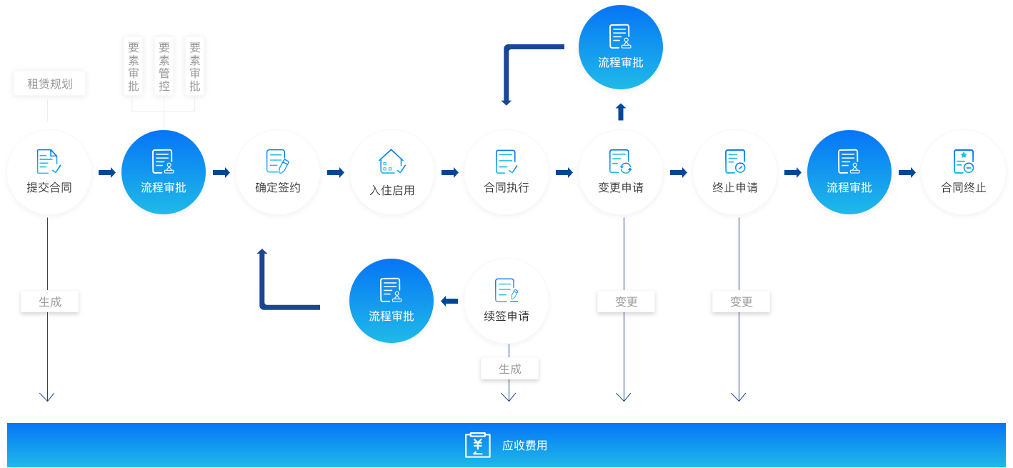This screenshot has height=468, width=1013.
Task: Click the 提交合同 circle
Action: point(49,174)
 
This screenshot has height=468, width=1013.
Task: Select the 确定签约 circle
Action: point(278,174)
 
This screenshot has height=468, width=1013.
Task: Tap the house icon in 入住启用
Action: point(391,161)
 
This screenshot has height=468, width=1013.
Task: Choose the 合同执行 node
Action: point(506,174)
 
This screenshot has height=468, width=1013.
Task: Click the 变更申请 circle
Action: point(621,174)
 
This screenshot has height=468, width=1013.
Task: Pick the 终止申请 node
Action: point(735,174)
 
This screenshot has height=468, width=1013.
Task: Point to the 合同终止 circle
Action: point(964,174)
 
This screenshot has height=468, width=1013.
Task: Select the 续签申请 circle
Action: point(506,302)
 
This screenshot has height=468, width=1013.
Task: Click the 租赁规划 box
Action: point(50,84)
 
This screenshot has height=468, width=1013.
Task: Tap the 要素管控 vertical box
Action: point(164,66)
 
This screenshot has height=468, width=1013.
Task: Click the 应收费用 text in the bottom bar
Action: point(524,446)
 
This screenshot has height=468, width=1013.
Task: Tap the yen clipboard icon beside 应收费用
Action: point(478,445)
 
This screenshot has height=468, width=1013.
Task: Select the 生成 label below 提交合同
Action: point(49,302)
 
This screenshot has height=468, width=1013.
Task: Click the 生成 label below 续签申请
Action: point(509,369)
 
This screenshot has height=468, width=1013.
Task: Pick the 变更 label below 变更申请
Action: point(626,302)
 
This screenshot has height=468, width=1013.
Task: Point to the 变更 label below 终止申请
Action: point(741,302)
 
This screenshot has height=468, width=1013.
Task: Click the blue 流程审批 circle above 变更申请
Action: point(621,48)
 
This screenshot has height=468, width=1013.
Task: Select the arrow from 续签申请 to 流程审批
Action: point(449,302)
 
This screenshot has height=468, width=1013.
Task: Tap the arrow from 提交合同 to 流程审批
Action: point(107,173)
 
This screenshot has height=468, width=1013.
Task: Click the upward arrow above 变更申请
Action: point(621,111)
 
